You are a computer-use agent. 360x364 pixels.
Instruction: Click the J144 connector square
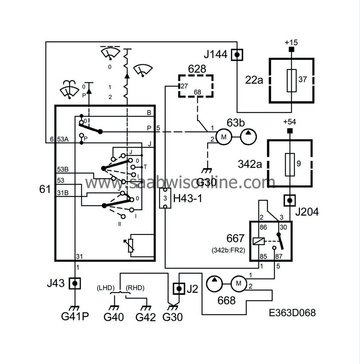(x=237, y=55)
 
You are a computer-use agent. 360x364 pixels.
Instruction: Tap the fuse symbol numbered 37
(x=291, y=80)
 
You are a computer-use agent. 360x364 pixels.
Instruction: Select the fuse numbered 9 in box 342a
(x=290, y=164)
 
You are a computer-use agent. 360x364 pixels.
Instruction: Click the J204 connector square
(x=290, y=200)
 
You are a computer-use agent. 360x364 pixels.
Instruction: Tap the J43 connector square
(x=75, y=283)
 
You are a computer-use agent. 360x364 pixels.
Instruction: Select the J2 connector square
(x=179, y=289)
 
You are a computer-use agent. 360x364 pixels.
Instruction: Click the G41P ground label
(x=75, y=317)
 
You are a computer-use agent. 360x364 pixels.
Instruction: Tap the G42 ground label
(x=145, y=318)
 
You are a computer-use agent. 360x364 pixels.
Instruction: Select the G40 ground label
(x=114, y=318)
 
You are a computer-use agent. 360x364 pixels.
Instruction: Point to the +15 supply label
(x=291, y=42)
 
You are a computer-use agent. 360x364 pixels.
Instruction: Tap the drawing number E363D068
(x=292, y=312)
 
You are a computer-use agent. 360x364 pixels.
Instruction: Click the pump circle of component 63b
(x=248, y=137)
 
